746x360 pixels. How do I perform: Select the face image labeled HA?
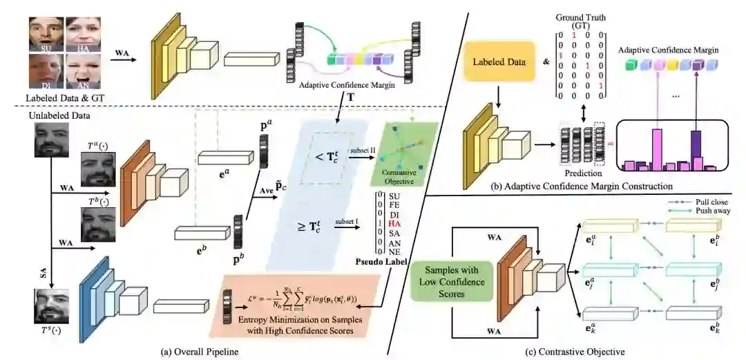(x=82, y=33)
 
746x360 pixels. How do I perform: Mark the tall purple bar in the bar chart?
(x=696, y=149)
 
